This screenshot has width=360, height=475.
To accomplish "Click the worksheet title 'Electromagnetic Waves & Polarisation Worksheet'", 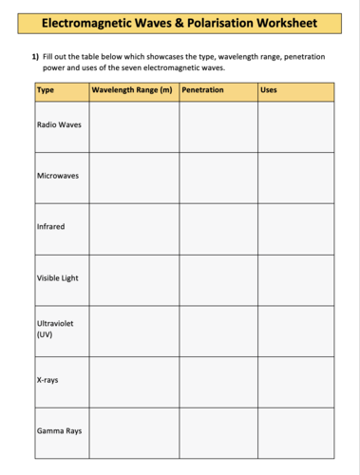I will click(x=180, y=21).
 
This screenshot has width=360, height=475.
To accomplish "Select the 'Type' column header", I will click(x=46, y=90).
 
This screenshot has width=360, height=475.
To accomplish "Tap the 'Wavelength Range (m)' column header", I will click(x=132, y=90).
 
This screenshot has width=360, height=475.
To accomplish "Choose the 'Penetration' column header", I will click(x=202, y=90).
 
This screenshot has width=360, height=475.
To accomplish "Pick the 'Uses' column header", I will click(x=269, y=90).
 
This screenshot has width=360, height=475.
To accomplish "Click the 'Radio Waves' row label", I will click(x=59, y=125).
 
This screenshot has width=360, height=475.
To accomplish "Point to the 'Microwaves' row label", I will click(x=58, y=176).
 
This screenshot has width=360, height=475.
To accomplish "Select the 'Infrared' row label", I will click(x=50, y=227).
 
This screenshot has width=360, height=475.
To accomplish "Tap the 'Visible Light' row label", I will click(x=58, y=278).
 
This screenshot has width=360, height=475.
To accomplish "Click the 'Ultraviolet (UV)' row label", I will click(x=55, y=329).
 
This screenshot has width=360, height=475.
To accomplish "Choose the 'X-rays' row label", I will click(x=47, y=380).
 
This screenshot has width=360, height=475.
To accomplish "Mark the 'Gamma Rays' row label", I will click(x=59, y=431).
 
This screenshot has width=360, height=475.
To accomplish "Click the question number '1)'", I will click(x=36, y=57).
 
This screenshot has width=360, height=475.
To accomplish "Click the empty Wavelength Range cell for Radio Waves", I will click(x=134, y=126).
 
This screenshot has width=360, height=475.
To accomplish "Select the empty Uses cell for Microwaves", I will click(x=295, y=177).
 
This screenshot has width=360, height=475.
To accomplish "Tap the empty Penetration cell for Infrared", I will click(x=218, y=228).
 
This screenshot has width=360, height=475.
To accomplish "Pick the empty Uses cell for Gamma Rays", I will click(x=295, y=433).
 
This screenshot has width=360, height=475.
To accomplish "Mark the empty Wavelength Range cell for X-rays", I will click(x=134, y=381).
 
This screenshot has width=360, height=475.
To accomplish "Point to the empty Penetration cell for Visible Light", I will click(x=218, y=279).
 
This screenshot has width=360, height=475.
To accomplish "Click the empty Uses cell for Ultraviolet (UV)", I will click(x=295, y=331).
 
